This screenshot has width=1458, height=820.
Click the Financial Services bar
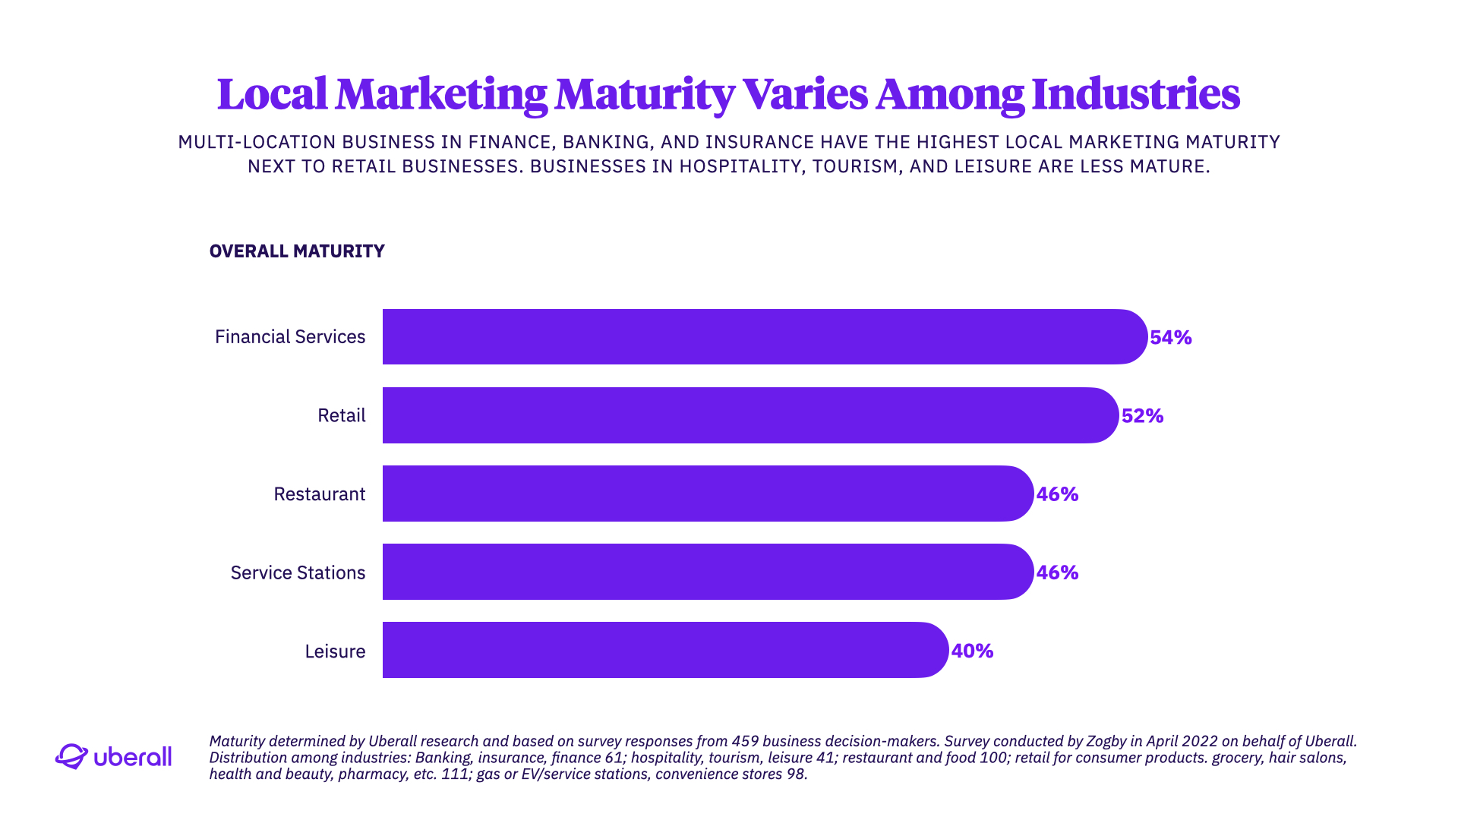tap(764, 336)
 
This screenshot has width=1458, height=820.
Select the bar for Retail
tap(750, 415)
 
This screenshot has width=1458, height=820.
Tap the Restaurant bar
tap(708, 494)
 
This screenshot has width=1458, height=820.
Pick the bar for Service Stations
tap(708, 572)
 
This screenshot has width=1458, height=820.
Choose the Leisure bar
tap(665, 650)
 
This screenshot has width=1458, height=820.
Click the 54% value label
tap(1170, 337)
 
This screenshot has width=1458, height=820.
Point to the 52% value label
tap(1142, 415)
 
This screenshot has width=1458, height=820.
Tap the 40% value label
tap(972, 651)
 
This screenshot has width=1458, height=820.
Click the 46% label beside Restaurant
tap(1057, 494)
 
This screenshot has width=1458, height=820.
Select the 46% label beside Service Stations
tap(1057, 572)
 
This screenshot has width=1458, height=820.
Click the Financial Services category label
tap(290, 336)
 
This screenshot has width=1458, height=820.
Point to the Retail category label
tap(341, 415)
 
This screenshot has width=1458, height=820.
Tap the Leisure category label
tap(335, 651)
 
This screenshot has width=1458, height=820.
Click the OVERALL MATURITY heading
tap(297, 251)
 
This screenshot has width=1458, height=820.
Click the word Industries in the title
tap(1135, 94)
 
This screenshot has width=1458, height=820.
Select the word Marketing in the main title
tap(441, 94)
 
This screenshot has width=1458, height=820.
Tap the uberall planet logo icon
tap(71, 756)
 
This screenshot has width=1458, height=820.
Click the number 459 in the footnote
tap(745, 741)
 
